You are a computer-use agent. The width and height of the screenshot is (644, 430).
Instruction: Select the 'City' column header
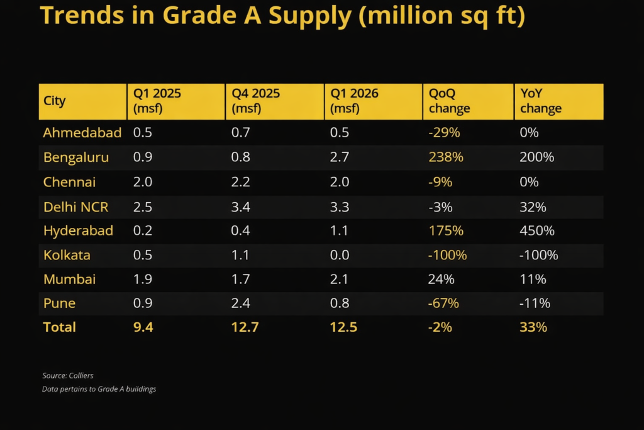pyautogui.click(x=55, y=101)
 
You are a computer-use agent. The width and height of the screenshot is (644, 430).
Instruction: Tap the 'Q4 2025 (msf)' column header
pyautogui.click(x=256, y=101)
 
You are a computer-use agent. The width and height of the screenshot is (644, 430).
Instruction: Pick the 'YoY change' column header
pyautogui.click(x=541, y=101)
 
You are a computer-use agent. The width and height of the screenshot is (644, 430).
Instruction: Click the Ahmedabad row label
pyautogui.click(x=82, y=133)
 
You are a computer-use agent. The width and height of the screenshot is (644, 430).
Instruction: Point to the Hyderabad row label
pyautogui.click(x=78, y=230)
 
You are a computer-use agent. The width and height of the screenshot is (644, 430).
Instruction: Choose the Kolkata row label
pyautogui.click(x=67, y=255)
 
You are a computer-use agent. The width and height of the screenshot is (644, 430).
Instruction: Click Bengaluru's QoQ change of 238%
pyautogui.click(x=446, y=157)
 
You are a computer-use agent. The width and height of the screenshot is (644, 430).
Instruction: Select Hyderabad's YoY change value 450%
pyautogui.click(x=537, y=230)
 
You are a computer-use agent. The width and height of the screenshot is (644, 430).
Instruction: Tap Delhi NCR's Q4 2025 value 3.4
pyautogui.click(x=241, y=207)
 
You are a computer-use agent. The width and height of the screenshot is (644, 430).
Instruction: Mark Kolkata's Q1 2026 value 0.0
pyautogui.click(x=340, y=255)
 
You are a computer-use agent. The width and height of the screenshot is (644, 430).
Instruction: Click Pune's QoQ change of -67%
pyautogui.click(x=443, y=303)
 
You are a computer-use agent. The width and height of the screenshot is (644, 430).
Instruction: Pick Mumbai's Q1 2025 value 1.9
pyautogui.click(x=142, y=279)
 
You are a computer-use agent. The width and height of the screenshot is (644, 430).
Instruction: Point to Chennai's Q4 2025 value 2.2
pyautogui.click(x=241, y=182)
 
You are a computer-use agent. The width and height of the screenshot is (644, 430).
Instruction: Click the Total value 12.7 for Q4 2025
pyautogui.click(x=245, y=327)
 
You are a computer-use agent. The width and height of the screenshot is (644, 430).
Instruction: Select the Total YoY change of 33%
pyautogui.click(x=533, y=327)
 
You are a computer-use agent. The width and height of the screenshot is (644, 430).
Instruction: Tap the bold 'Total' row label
pyautogui.click(x=59, y=327)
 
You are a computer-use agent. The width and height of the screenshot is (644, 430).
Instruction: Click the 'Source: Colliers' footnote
pyautogui.click(x=68, y=376)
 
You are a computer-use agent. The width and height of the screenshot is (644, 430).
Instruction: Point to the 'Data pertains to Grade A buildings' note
pyautogui.click(x=99, y=389)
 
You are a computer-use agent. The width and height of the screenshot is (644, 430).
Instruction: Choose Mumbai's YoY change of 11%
pyautogui.click(x=532, y=279)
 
